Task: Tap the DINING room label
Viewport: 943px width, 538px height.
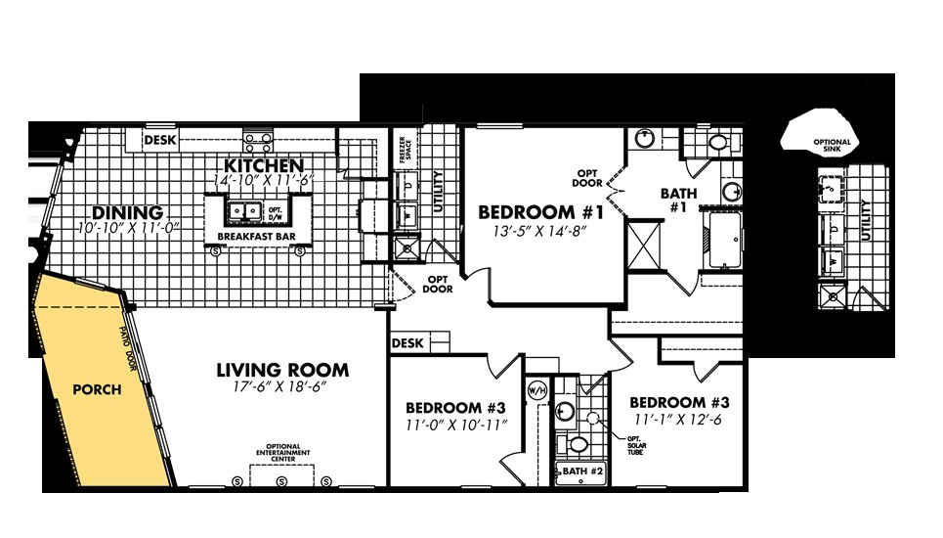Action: tap(126, 212)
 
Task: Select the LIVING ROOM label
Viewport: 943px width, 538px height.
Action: tap(282, 370)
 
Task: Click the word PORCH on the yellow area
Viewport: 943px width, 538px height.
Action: tap(97, 389)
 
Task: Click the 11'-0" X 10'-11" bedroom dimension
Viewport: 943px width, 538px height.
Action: tap(455, 425)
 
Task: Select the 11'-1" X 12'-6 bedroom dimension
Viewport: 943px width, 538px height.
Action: tap(678, 420)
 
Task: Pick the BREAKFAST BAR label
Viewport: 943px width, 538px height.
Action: tap(257, 237)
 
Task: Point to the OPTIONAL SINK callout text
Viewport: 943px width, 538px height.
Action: tap(832, 146)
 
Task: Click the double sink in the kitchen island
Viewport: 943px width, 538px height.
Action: tap(242, 209)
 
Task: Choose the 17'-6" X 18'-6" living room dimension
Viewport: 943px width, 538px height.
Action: tap(282, 388)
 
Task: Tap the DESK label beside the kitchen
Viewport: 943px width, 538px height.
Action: tap(158, 141)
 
